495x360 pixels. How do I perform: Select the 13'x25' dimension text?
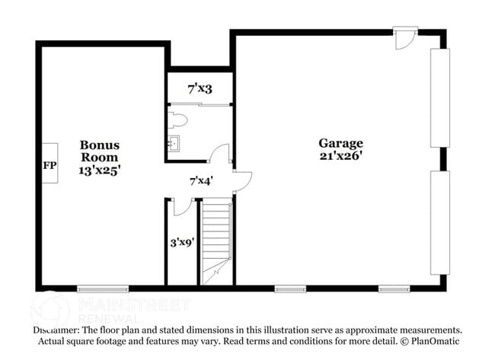pos(101,170)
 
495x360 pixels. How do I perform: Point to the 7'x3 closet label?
pos(200,89)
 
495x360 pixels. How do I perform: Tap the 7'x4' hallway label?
pos(201,181)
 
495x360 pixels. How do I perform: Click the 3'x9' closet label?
pos(181,243)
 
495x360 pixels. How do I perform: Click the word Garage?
pos(340,143)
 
